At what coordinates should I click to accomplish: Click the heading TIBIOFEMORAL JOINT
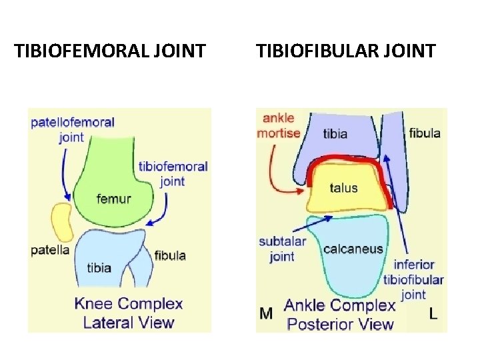coord(110,50)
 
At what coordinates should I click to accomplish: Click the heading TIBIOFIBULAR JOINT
coord(345,50)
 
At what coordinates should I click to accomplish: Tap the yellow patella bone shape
coord(62,222)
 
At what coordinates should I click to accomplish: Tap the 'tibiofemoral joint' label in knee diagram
coord(173,173)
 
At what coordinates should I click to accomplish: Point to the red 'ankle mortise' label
coord(279,126)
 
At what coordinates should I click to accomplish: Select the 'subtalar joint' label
coord(282,249)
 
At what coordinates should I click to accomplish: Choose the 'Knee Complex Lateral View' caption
coord(129,313)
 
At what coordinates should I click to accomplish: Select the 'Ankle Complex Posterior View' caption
coord(340,315)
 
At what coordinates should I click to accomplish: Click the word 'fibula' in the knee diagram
coord(170,255)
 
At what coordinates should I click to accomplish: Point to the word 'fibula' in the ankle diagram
coord(425,133)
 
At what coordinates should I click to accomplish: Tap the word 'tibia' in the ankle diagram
coord(335,133)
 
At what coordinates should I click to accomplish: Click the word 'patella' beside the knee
coord(50,251)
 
